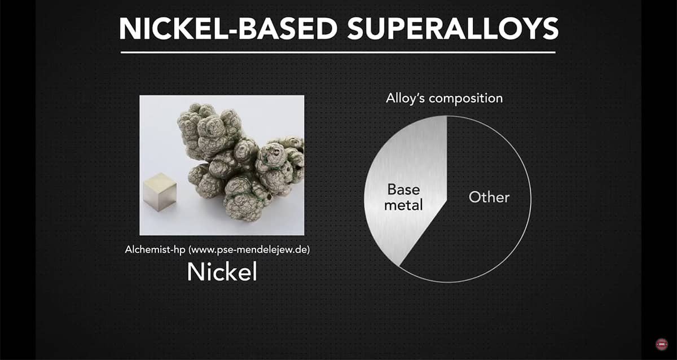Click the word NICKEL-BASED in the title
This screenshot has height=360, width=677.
[228, 28]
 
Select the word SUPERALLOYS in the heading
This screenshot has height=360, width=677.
[453, 28]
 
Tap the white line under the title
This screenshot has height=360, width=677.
[338, 52]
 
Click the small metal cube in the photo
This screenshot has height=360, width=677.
[160, 192]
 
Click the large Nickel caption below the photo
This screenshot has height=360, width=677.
[222, 272]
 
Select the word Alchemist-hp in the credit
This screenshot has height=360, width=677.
[155, 250]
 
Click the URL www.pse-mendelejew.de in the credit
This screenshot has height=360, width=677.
[249, 250]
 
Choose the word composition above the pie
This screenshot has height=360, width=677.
[466, 99]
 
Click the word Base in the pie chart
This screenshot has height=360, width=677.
[403, 190]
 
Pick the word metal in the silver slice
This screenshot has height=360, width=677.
[403, 205]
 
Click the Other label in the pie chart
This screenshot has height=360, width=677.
[489, 197]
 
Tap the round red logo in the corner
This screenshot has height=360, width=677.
[662, 344]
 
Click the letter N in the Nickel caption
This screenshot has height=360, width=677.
[195, 272]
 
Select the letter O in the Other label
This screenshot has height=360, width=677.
[475, 197]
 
